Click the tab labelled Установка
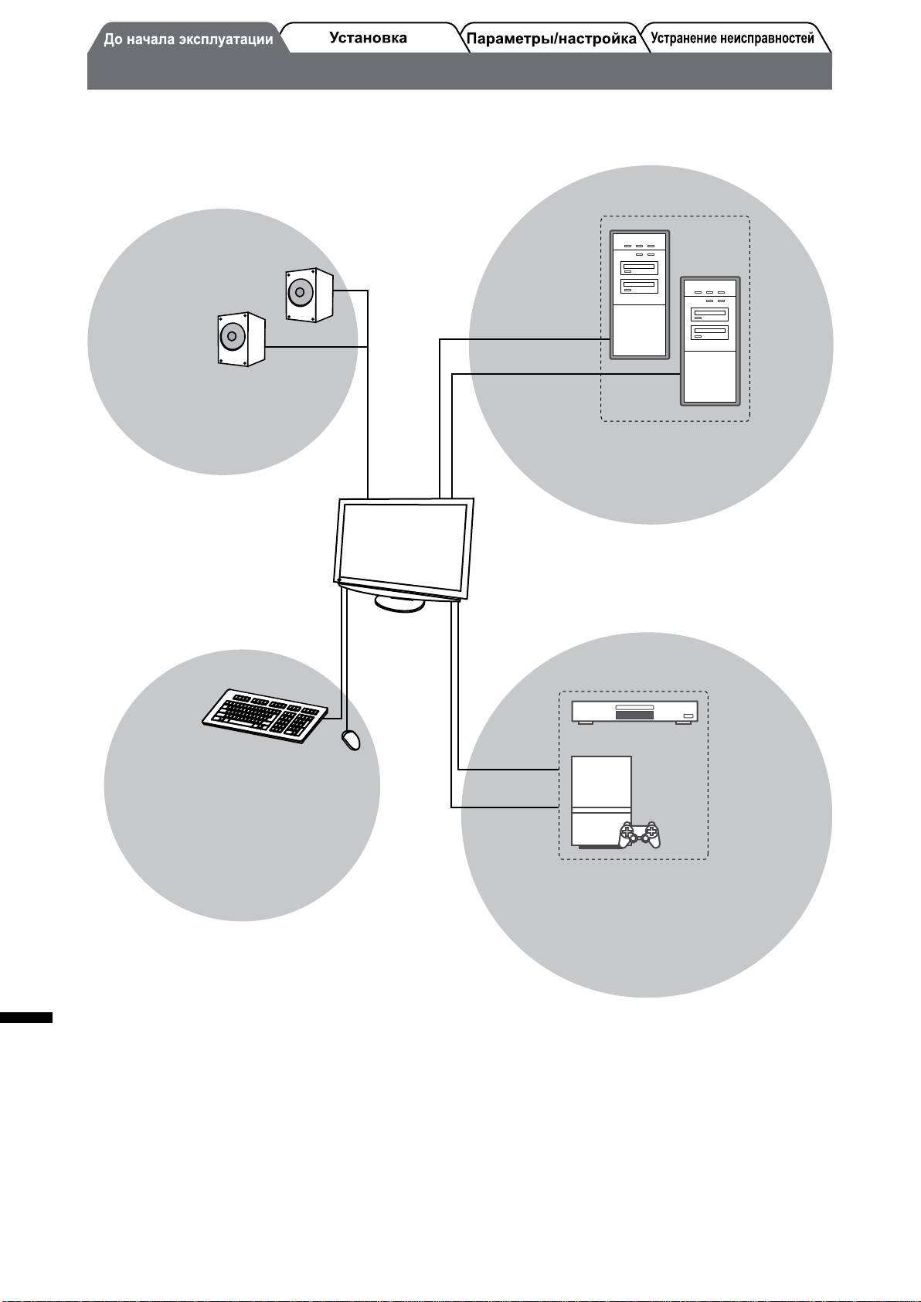click(368, 38)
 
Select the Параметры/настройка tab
click(552, 39)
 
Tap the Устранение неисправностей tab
click(732, 39)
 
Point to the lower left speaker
click(240, 338)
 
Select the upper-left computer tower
click(639, 294)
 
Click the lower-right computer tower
click(710, 340)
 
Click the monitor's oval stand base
click(399, 603)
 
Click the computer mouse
click(351, 740)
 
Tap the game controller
click(640, 835)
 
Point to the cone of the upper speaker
click(298, 293)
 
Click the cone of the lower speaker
click(230, 337)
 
